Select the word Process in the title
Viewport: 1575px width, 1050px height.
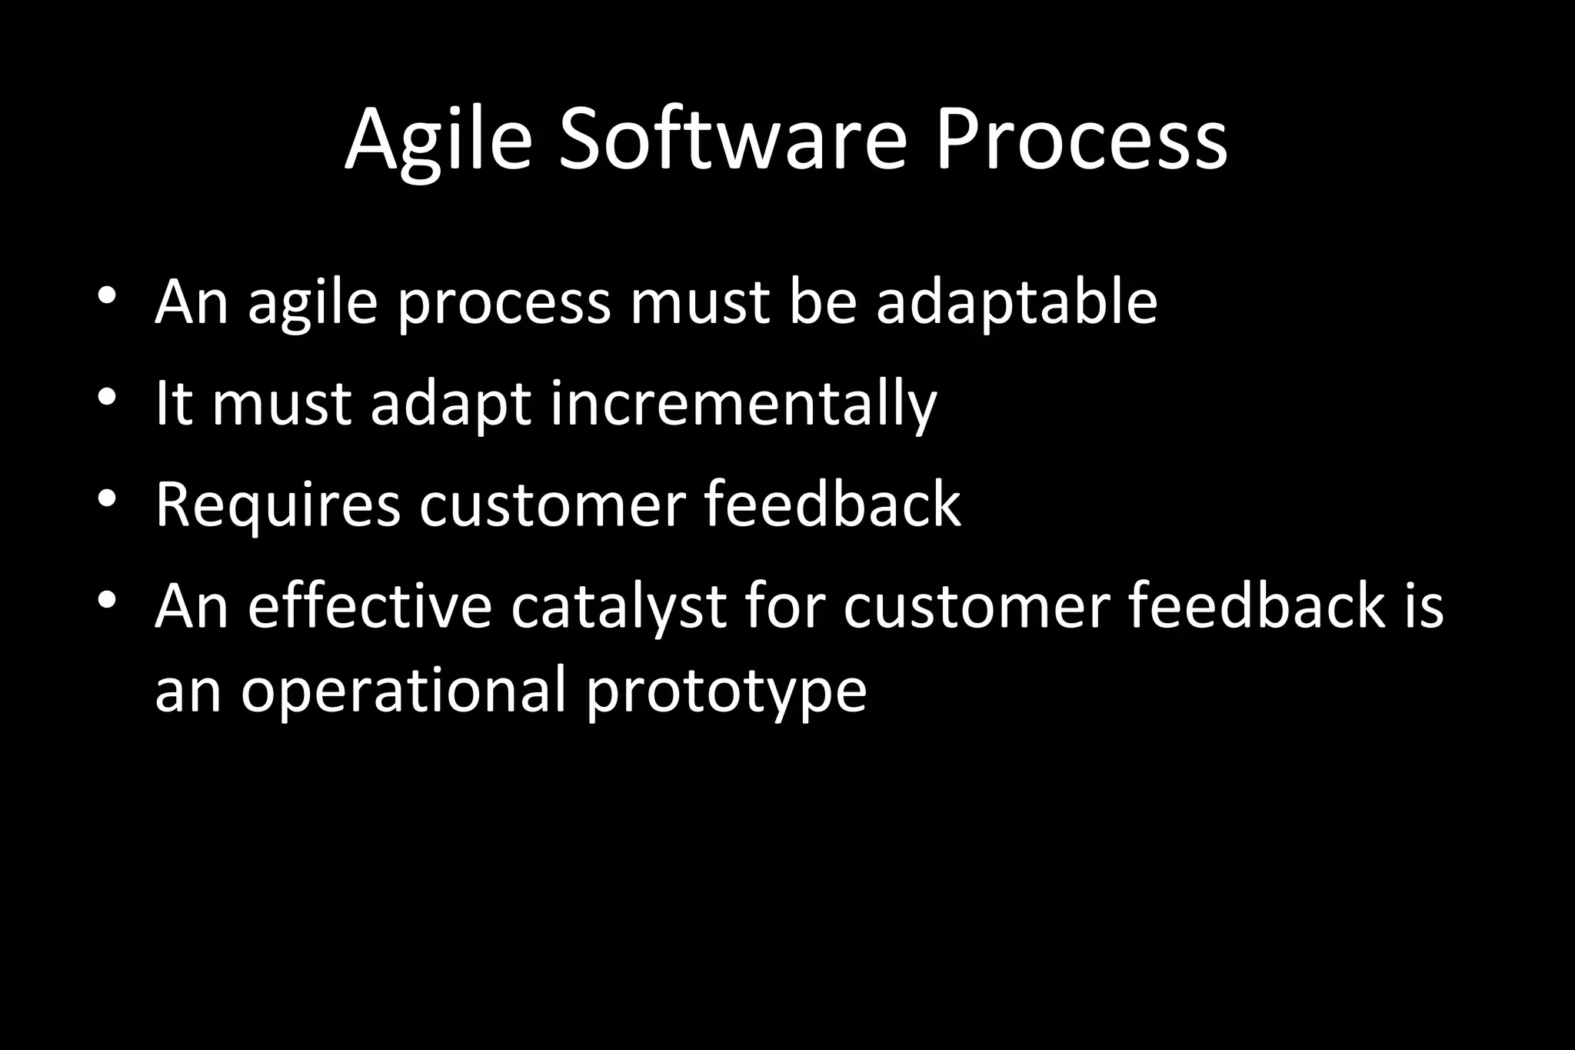1081,141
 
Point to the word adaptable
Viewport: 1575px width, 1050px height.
1017,302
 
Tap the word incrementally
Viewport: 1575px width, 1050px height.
743,405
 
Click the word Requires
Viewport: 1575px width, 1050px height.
278,505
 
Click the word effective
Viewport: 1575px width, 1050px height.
369,605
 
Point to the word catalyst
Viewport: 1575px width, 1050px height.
618,607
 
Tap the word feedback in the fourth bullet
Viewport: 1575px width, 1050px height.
1256,605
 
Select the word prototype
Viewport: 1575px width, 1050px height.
726,692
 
